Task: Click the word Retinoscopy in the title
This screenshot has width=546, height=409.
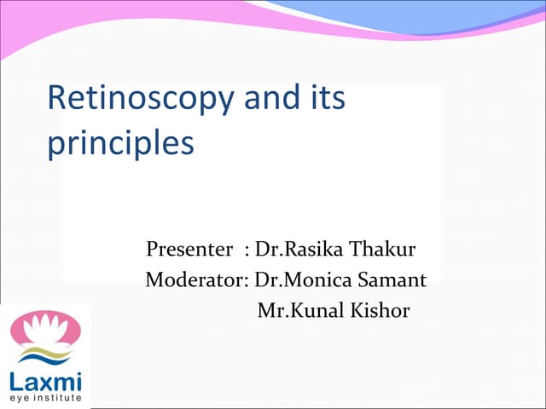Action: click(141, 99)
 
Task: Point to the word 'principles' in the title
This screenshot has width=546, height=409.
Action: click(120, 142)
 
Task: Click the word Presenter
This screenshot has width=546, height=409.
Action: click(189, 251)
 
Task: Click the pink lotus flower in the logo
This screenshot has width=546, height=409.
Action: click(44, 328)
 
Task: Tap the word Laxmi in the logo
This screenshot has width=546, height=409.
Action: click(44, 380)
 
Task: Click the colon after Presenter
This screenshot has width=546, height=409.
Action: click(246, 252)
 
